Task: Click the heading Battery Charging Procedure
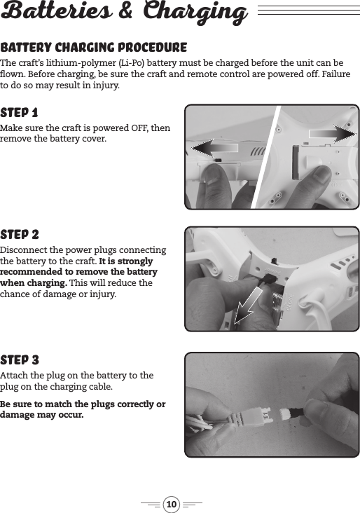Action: (x=94, y=48)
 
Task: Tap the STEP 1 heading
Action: (x=20, y=113)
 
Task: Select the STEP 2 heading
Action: (x=20, y=234)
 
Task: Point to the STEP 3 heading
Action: (x=20, y=360)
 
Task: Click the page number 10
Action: (x=172, y=503)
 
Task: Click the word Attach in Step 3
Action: (x=14, y=376)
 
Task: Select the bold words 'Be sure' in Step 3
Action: (x=16, y=404)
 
